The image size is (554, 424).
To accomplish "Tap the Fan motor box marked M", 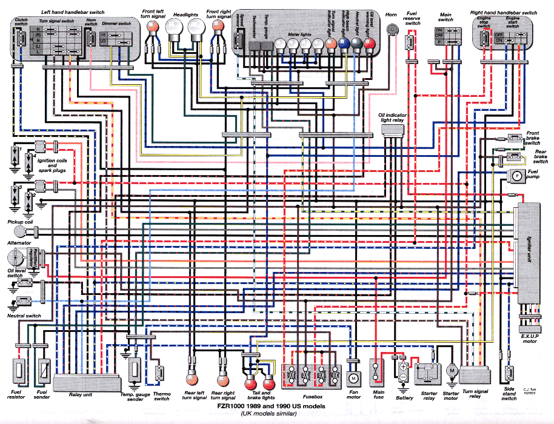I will [x=353, y=377].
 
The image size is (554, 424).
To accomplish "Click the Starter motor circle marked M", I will [x=451, y=369].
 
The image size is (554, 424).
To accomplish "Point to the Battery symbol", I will [x=402, y=371].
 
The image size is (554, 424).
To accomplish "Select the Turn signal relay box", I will [x=475, y=374].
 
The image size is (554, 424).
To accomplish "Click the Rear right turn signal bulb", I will [x=221, y=379].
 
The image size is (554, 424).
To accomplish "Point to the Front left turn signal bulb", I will [x=152, y=27].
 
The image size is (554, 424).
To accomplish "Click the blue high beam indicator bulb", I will [x=344, y=44].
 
